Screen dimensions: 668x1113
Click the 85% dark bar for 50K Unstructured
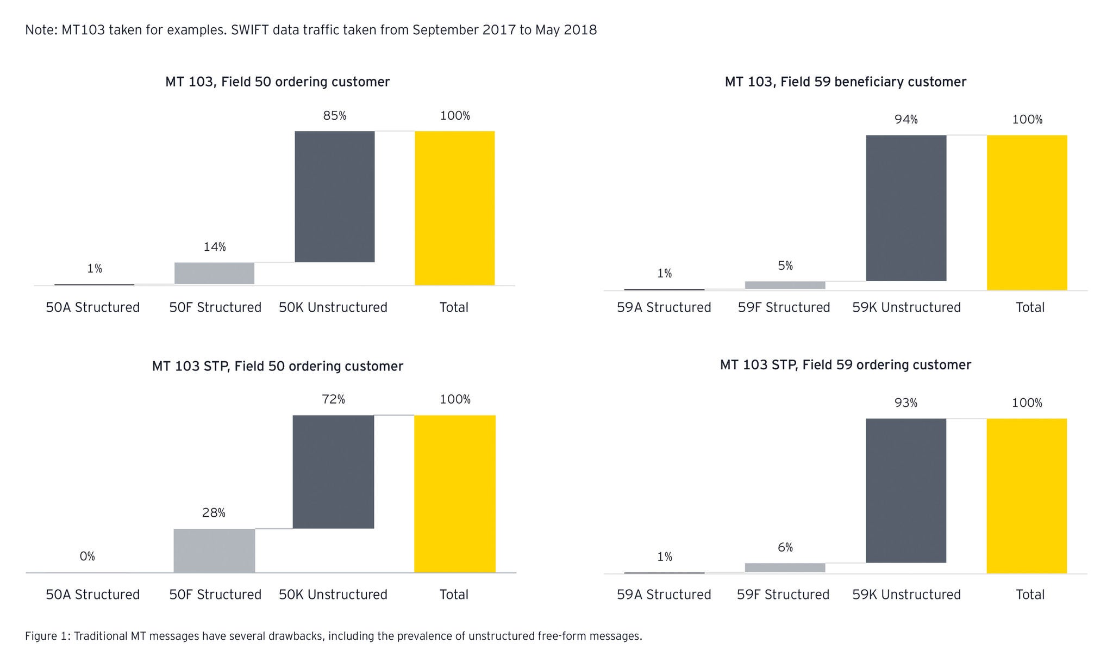coord(335,196)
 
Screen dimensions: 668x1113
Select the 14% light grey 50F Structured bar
coord(214,273)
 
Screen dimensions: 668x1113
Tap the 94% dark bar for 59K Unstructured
coord(906,208)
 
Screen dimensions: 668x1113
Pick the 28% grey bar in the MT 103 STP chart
coord(214,550)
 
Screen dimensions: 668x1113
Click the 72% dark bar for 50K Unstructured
coord(333,472)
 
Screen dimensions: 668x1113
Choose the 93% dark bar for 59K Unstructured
coord(906,490)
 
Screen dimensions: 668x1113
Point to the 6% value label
coord(785,548)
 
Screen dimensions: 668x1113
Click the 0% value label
coord(87,556)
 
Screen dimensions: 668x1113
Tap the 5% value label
coord(785,266)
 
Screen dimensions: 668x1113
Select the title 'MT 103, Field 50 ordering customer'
coord(277,82)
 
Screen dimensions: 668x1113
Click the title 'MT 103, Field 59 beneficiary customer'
coord(845,82)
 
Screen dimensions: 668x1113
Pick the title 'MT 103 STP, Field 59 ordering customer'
coord(845,365)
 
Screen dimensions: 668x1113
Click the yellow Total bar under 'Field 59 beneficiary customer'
coord(1027,212)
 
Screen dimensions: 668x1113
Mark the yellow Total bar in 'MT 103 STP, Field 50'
coord(454,493)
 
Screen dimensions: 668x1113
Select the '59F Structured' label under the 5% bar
coord(784,307)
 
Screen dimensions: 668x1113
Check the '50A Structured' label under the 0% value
coord(92,595)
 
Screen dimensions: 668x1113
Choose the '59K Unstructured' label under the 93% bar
coord(906,595)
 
